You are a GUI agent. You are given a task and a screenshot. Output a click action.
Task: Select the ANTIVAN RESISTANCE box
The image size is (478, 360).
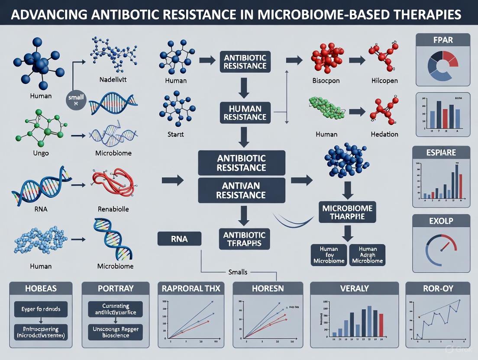pos(242,190)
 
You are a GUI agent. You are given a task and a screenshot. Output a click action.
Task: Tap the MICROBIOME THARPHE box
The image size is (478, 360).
pos(347,212)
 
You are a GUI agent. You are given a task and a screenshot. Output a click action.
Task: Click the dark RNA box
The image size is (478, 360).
pos(179,238)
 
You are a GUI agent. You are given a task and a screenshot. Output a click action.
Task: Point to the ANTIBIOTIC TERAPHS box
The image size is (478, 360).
pos(244,238)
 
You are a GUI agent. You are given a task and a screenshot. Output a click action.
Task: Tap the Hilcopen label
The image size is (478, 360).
pos(384,80)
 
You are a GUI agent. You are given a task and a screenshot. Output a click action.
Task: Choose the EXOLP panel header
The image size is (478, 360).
pos(442,222)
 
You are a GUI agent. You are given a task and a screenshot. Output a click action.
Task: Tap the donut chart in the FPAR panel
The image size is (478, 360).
pos(442,67)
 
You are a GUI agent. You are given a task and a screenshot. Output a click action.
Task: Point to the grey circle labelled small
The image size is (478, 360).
pos(76,100)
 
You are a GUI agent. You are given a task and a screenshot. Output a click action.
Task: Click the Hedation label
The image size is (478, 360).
pos(384,134)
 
